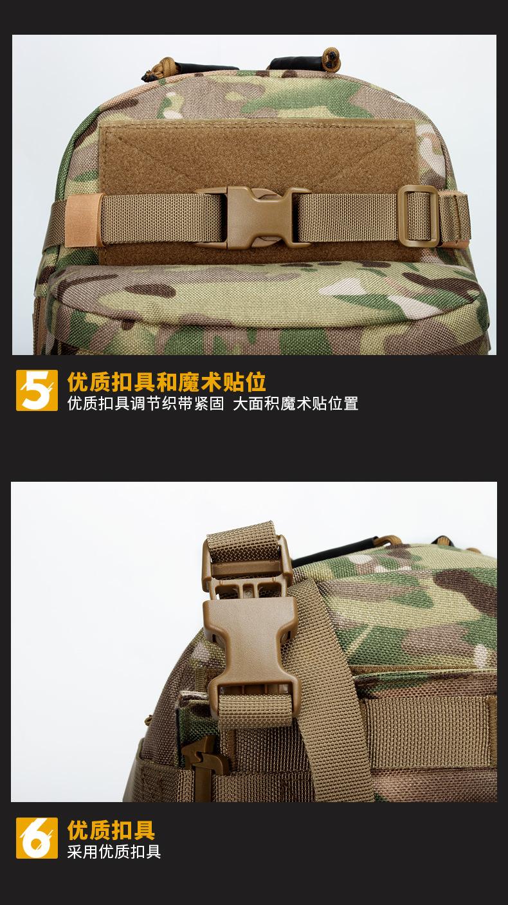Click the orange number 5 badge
(x=37, y=390)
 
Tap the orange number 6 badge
(x=37, y=837)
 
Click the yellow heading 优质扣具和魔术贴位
(x=167, y=381)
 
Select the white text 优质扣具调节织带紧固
(x=145, y=404)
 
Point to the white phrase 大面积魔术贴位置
(x=295, y=404)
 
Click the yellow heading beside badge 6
(x=111, y=830)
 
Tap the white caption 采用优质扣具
(x=114, y=852)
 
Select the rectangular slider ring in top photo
(x=418, y=215)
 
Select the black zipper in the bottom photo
(x=341, y=549)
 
